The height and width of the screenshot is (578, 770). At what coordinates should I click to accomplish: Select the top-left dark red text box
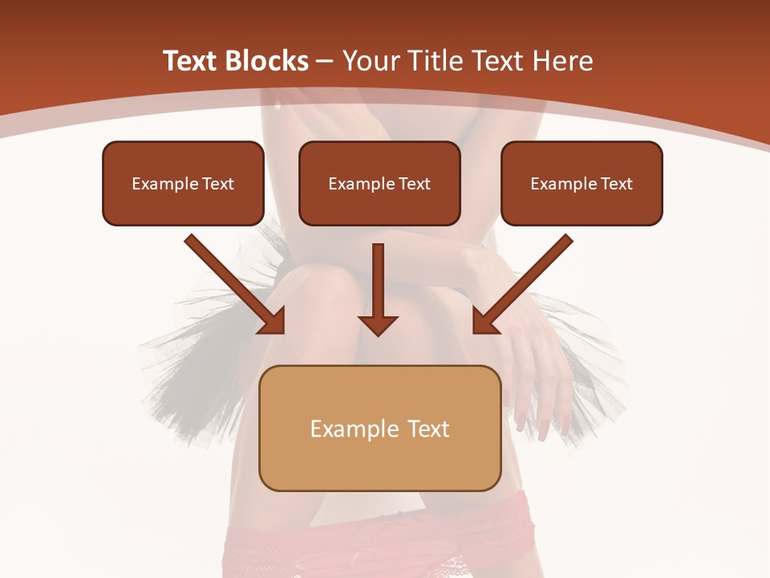[183, 183]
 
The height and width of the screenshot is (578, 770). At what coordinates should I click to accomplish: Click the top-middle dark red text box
[379, 183]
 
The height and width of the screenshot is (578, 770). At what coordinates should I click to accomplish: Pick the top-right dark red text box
[582, 183]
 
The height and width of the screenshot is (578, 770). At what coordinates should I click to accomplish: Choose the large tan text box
[379, 428]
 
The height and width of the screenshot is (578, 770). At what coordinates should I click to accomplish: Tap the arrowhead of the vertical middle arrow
[378, 324]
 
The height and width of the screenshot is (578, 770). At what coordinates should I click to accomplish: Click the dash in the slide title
[325, 61]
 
